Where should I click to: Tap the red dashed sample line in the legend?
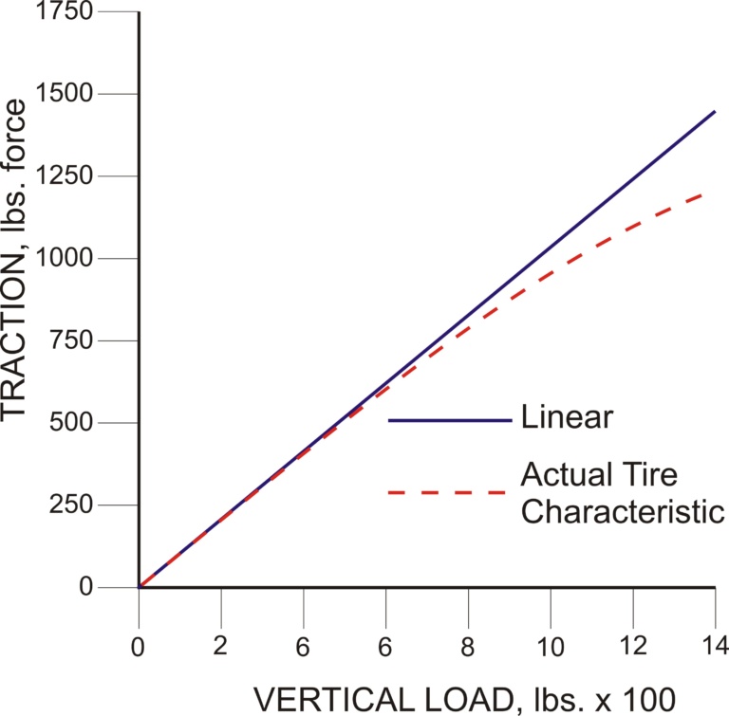[450, 492]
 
